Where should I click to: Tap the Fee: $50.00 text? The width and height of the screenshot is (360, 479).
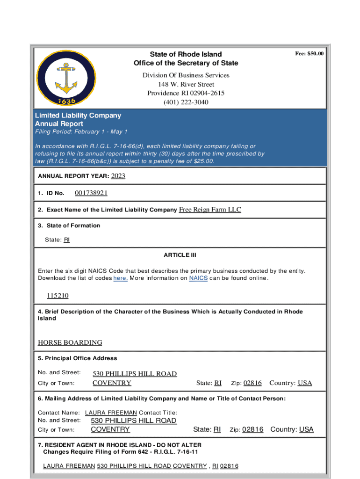[x=309, y=54]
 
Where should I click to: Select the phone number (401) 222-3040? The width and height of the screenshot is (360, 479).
[x=186, y=102]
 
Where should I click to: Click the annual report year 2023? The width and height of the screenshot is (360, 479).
[x=118, y=176]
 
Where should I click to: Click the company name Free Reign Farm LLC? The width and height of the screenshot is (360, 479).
[x=210, y=210]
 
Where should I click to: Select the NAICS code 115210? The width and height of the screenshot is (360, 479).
[x=58, y=296]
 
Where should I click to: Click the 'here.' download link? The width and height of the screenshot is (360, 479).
[x=121, y=278]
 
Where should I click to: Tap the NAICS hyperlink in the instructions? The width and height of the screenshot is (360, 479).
[x=198, y=278]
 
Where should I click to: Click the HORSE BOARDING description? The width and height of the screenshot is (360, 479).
[x=70, y=342]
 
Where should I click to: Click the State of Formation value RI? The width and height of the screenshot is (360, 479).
[x=66, y=239]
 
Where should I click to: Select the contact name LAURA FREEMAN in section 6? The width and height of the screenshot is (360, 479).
[x=111, y=413]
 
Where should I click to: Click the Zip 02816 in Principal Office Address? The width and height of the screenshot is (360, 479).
[x=252, y=383]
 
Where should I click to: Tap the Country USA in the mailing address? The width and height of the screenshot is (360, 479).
[x=306, y=429]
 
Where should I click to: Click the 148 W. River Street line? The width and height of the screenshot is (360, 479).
[x=186, y=84]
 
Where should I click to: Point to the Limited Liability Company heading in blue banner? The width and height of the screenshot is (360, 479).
[x=78, y=115]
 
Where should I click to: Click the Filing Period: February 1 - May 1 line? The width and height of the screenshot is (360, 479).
[x=81, y=132]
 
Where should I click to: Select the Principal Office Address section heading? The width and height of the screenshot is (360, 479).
[x=78, y=358]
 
